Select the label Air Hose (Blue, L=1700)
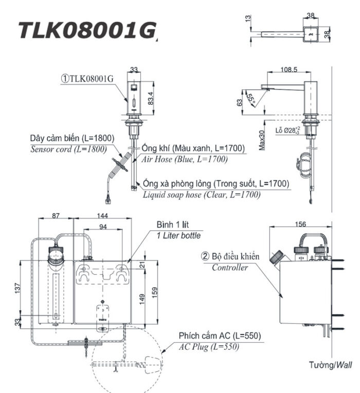(184, 159)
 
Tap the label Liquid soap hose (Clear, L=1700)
(202, 194)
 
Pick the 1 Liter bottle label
(178, 235)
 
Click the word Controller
(229, 267)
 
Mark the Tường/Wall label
(331, 365)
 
